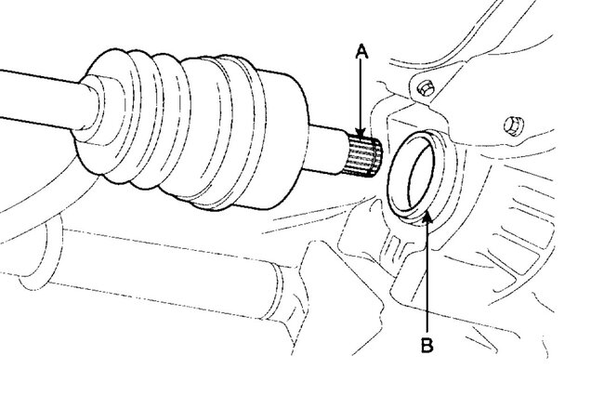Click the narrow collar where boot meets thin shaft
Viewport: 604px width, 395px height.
coord(93,100)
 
